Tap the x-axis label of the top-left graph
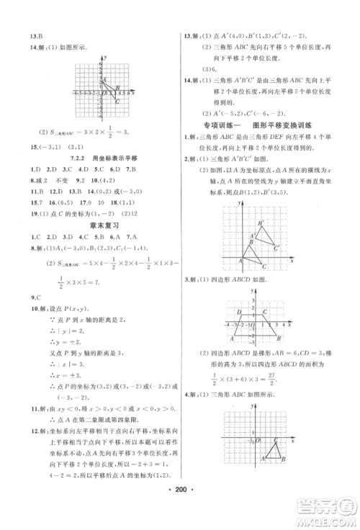pyautogui.click(x=135, y=90)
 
